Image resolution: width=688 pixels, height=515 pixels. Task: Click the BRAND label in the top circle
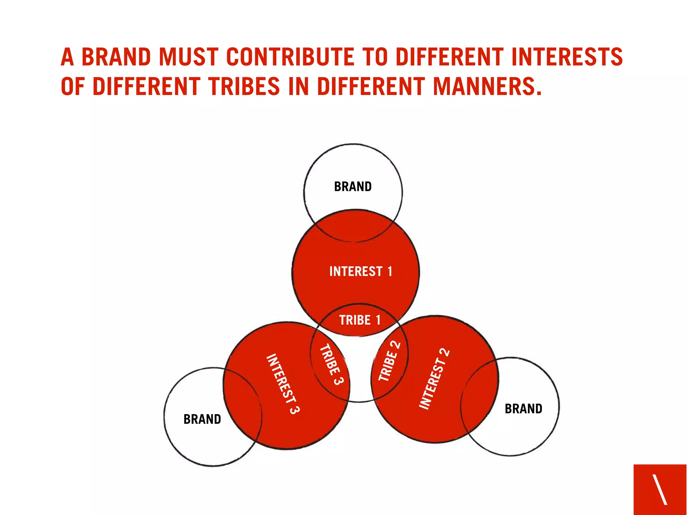pyautogui.click(x=353, y=186)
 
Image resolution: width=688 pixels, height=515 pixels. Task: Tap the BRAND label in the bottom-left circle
pyautogui.click(x=202, y=419)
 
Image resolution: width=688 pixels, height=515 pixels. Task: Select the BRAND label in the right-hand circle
pyautogui.click(x=523, y=409)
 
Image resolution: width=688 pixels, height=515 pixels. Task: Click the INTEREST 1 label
pyautogui.click(x=361, y=271)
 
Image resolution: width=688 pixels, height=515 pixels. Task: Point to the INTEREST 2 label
pyautogui.click(x=434, y=379)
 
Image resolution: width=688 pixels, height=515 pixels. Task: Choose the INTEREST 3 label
pyautogui.click(x=283, y=384)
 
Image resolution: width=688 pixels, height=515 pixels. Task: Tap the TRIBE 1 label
pyautogui.click(x=360, y=320)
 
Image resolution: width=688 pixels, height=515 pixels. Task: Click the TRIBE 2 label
pyautogui.click(x=389, y=361)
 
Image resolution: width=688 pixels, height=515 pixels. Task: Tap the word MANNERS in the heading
pyautogui.click(x=487, y=86)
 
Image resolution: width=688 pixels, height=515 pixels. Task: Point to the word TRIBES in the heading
pyautogui.click(x=244, y=86)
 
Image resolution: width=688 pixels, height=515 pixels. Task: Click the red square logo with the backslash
pyautogui.click(x=660, y=489)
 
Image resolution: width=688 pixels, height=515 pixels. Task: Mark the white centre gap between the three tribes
pyautogui.click(x=359, y=366)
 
